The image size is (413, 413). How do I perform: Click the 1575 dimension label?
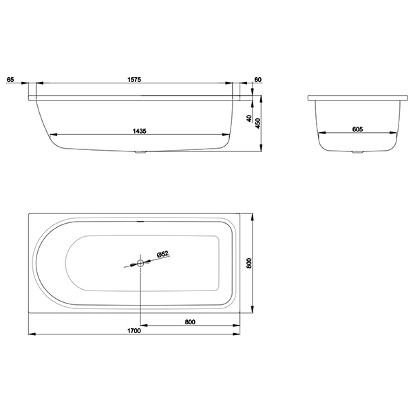coord(134,79)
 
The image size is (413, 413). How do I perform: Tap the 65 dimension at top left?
coord(10,79)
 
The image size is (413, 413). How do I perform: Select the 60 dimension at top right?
coord(258,79)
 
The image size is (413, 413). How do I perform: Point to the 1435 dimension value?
coord(140,131)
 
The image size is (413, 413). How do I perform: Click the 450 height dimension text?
coord(258,123)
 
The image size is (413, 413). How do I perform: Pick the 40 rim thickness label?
coord(249,118)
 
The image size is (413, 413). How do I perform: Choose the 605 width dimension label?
coord(357,129)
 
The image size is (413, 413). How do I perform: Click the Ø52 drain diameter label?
coord(162,254)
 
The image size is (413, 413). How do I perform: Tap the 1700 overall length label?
coord(134,331)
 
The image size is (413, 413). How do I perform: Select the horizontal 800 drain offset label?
coord(190,322)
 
